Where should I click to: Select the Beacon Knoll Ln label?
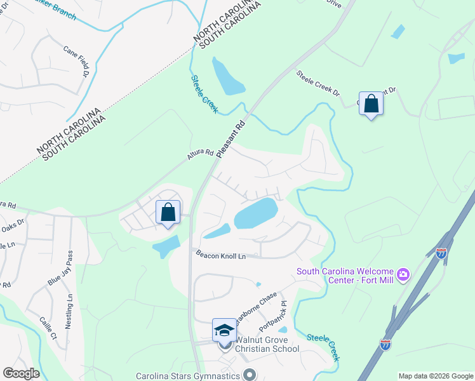click(220, 255)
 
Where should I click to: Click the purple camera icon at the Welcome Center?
click(403, 275)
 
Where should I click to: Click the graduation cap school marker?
click(224, 330)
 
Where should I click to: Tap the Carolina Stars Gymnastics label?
click(188, 375)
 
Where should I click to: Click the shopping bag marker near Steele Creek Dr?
click(371, 103)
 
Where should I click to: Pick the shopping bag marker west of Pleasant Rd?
click(168, 213)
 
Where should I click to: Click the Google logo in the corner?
click(21, 373)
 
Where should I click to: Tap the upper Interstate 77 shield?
click(441, 252)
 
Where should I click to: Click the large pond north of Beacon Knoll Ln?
click(257, 213)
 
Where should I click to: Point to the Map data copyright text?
click(436, 376)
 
